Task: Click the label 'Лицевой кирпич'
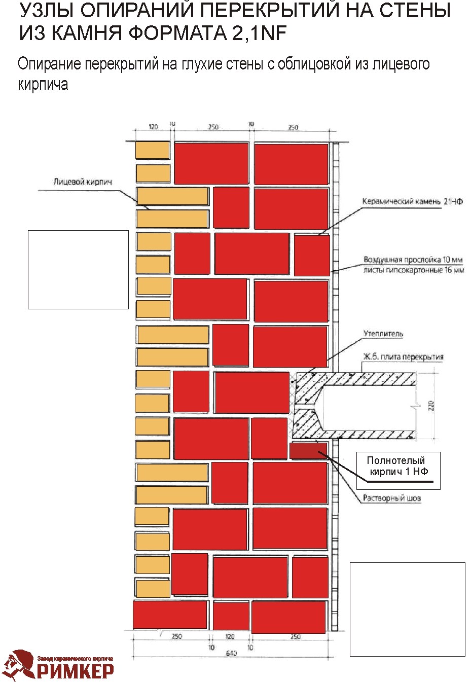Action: pos(83,182)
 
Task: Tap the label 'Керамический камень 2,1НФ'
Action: pos(412,201)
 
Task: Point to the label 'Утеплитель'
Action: pos(383,334)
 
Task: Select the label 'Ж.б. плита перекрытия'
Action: pos(403,357)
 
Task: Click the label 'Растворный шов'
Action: pos(392,498)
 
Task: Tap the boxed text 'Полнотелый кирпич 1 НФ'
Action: pos(398,466)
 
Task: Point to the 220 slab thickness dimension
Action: pos(431,406)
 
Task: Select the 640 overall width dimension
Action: pos(231,654)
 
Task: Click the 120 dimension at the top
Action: pos(153,127)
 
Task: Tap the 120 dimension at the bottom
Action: pos(230,636)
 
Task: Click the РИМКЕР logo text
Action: pos(75,671)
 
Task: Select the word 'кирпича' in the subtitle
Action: pos(43,85)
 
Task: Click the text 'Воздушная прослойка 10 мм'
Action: pos(413,260)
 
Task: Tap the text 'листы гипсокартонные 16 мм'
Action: pos(414,270)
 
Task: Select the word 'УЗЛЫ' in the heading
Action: pos(46,11)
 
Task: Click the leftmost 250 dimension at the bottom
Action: pos(177,636)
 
